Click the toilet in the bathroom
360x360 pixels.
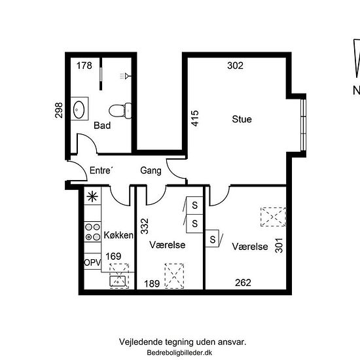(x=120, y=111)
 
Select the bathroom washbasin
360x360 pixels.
(x=79, y=109)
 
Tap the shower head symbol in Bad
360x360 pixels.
(x=126, y=76)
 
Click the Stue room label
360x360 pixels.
(x=242, y=119)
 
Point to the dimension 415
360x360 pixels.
(x=195, y=118)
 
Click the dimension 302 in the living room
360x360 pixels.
(x=235, y=65)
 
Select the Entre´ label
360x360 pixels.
(x=101, y=170)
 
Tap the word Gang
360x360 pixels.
(x=151, y=170)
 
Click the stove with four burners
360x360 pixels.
(x=92, y=232)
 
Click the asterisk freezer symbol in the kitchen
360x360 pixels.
(x=92, y=196)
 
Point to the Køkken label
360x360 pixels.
(x=118, y=235)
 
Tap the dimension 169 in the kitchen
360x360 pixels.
(x=113, y=256)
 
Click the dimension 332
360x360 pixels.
(x=145, y=226)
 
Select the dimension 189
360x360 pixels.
(x=152, y=284)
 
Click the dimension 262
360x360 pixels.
(x=243, y=283)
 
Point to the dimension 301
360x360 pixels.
(x=279, y=245)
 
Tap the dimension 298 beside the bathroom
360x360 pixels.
(x=58, y=111)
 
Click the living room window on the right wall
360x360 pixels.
(x=303, y=125)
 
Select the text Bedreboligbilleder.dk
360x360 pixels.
(x=179, y=352)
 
